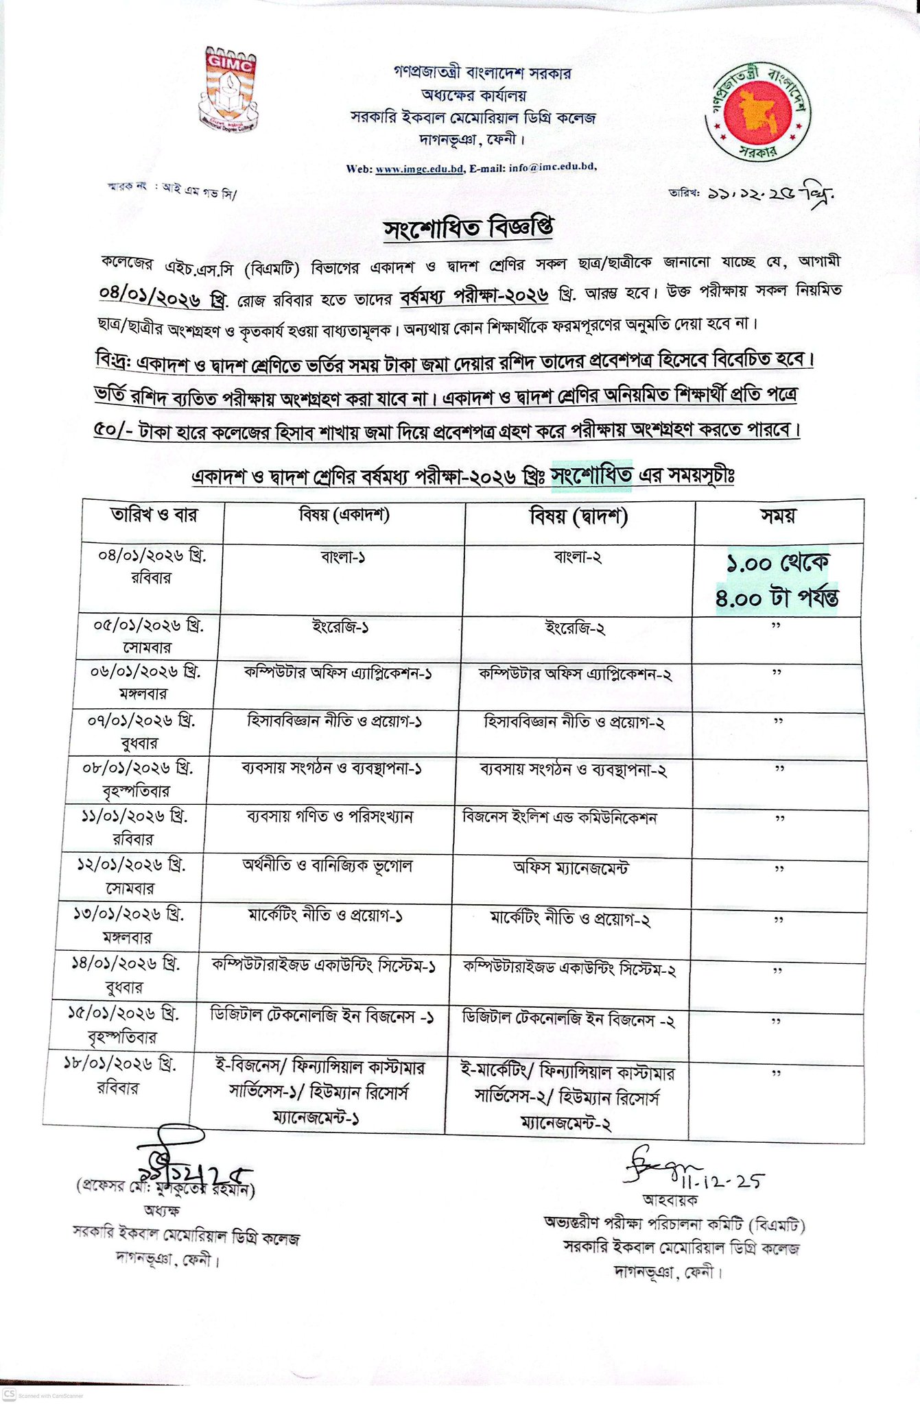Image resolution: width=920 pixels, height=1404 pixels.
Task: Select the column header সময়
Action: [778, 516]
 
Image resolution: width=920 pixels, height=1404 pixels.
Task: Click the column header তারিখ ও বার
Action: [154, 515]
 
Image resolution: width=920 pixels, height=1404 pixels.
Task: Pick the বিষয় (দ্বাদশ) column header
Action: [579, 516]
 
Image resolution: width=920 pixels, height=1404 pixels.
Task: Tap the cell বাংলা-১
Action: [343, 557]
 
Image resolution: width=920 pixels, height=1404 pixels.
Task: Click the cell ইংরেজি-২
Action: [575, 629]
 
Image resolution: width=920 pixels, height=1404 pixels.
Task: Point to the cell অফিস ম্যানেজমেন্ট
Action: [571, 868]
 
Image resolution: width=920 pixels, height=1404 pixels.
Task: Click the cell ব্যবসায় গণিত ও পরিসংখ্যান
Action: [329, 817]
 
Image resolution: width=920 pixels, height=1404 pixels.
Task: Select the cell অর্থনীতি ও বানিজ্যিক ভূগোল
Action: [327, 866]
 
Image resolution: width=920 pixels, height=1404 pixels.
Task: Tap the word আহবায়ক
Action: [670, 1200]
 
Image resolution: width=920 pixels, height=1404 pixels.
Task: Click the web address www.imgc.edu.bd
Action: [420, 169]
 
